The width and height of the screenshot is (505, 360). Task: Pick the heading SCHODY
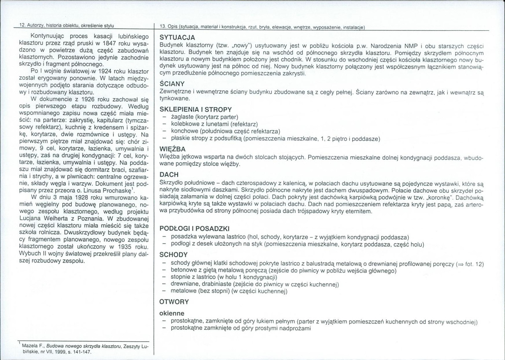pos(174,255)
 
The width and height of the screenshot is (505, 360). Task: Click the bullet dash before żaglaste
pos(163,117)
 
